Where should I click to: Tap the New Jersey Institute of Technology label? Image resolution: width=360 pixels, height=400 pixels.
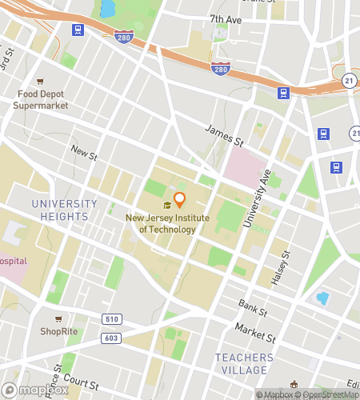point(160,223)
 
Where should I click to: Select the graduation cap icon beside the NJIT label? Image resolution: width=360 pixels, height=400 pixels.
point(167,205)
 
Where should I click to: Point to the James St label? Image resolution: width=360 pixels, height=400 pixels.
point(223,134)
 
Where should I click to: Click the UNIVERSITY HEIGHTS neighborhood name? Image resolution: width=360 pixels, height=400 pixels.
point(63,210)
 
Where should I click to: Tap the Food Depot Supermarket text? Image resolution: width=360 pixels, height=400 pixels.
point(44,99)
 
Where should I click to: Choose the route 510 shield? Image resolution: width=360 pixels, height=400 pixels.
point(112,320)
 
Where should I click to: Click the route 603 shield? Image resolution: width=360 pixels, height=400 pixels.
point(112,338)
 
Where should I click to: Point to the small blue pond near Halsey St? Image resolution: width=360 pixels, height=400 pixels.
point(322,298)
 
